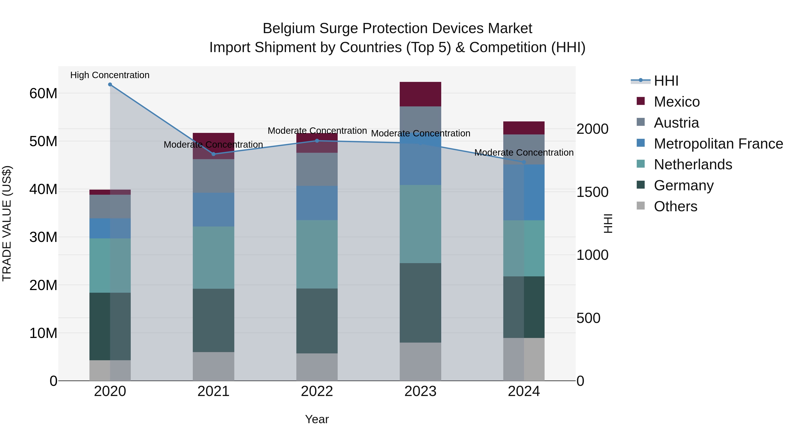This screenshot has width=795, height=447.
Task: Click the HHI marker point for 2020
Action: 110,85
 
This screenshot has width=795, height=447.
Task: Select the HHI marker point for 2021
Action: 214,154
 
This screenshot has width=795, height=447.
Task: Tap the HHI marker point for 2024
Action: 524,162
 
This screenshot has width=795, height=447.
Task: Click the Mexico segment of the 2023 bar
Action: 420,94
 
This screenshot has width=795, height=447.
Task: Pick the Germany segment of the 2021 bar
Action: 214,320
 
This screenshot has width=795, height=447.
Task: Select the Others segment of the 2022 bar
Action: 317,367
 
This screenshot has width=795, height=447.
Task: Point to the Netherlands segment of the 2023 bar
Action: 420,224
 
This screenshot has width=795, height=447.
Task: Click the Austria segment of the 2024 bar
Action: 524,149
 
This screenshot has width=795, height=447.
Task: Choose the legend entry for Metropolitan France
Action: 718,144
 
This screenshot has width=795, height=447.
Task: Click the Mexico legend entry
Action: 676,102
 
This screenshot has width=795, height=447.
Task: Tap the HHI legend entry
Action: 666,81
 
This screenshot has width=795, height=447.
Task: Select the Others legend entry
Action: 675,206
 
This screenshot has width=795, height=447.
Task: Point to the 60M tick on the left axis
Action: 43,93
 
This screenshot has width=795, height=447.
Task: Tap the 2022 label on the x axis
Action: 317,391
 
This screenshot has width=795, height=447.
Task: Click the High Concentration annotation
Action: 110,75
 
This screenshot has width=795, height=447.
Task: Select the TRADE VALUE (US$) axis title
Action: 7,223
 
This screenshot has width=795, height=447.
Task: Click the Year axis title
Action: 317,419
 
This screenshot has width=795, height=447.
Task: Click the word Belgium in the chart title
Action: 289,28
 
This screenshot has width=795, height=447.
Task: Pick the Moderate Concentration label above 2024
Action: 524,152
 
